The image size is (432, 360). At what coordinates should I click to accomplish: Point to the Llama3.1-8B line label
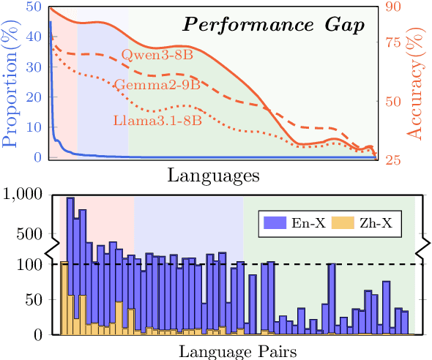(157, 119)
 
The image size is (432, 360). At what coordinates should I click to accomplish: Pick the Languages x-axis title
(212, 176)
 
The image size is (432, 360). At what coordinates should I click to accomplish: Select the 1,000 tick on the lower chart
(26, 195)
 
